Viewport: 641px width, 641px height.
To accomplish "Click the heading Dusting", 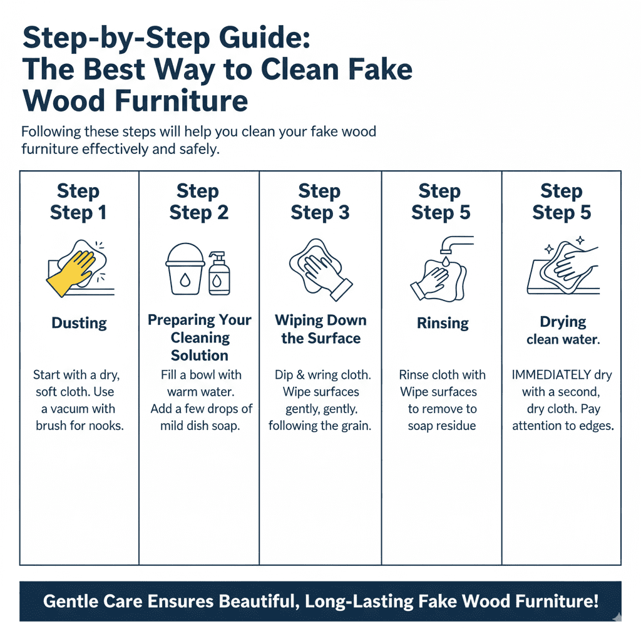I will pos(79,323).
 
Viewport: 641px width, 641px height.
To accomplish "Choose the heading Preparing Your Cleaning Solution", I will pos(200,337).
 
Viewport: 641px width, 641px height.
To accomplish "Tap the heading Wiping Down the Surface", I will pos(320,329).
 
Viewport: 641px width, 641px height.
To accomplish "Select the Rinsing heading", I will pos(443,323).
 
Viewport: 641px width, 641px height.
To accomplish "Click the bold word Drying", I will pos(563,322).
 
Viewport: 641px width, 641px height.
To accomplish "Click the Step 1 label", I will pos(78,212).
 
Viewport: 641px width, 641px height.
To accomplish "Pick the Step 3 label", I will pos(320,212).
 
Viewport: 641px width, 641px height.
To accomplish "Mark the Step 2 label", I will pos(199,212).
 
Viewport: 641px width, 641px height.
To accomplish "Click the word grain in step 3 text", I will pos(353,426).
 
